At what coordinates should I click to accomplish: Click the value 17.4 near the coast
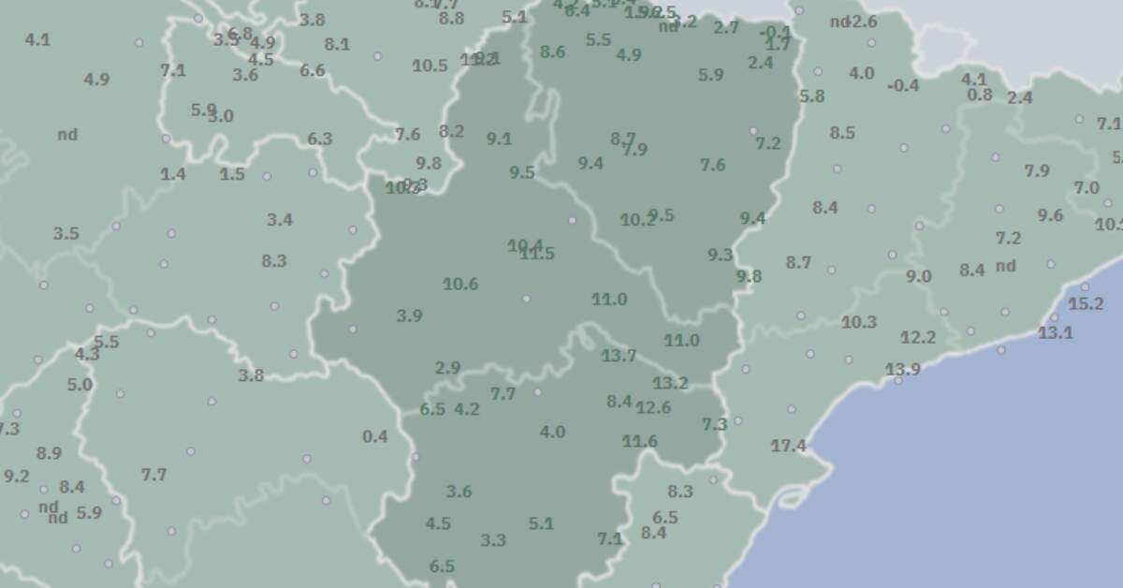click(x=788, y=447)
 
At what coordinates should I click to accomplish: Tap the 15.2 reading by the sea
click(x=1086, y=304)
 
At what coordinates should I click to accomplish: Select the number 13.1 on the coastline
click(x=1056, y=332)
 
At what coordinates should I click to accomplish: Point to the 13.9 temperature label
click(x=902, y=370)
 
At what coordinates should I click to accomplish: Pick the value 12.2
click(x=918, y=338)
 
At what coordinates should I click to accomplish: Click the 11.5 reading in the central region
click(x=538, y=254)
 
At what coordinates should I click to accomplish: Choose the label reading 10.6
click(x=460, y=285)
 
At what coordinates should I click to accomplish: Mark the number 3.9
click(x=409, y=316)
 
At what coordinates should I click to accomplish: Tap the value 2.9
click(x=447, y=369)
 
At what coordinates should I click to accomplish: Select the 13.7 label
click(x=619, y=356)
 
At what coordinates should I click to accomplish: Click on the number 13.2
click(x=670, y=383)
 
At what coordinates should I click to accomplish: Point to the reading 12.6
click(x=653, y=407)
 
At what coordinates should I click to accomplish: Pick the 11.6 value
click(x=640, y=441)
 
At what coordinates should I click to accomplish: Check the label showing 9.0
click(x=918, y=277)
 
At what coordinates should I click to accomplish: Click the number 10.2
click(x=637, y=221)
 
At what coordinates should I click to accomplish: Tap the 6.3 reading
click(x=320, y=140)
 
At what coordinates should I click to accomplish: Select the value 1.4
click(x=173, y=174)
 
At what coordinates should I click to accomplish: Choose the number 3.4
click(x=279, y=221)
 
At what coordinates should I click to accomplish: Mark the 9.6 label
click(x=1050, y=216)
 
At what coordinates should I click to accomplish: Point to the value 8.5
click(x=842, y=133)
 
